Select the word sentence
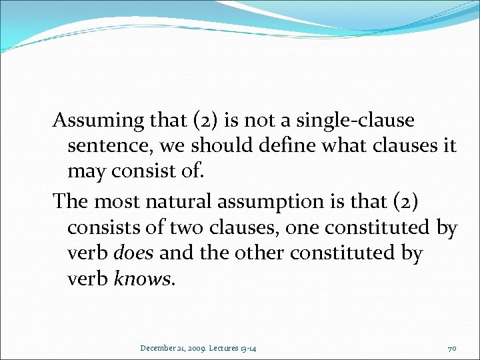click(x=107, y=146)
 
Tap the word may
click(x=85, y=172)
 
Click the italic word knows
click(x=143, y=279)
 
